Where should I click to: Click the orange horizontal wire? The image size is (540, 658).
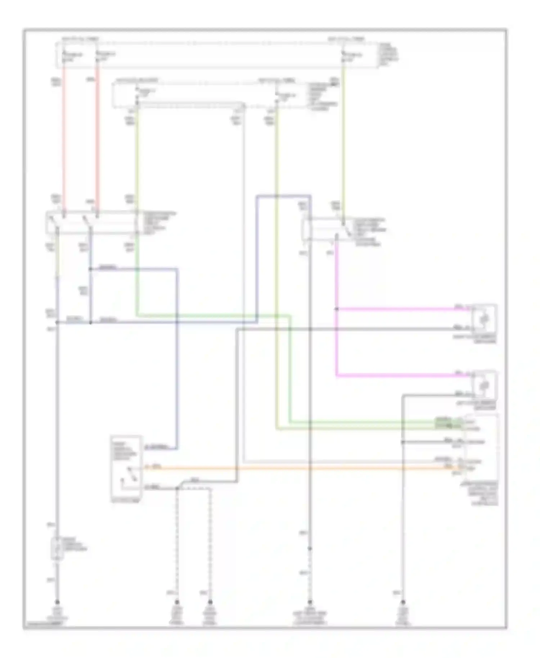288,468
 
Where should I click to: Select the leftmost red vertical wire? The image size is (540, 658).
64,137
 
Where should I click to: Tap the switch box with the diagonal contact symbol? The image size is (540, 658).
126,468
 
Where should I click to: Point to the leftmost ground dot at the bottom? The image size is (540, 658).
57,602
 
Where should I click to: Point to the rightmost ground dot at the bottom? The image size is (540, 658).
403,602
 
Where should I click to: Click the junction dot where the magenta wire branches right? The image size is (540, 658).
337,309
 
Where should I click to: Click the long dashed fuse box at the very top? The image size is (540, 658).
216,55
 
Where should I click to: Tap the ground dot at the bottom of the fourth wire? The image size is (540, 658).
310,602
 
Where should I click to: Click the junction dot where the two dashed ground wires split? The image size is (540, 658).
177,488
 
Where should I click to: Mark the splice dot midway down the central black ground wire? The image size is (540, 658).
310,549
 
